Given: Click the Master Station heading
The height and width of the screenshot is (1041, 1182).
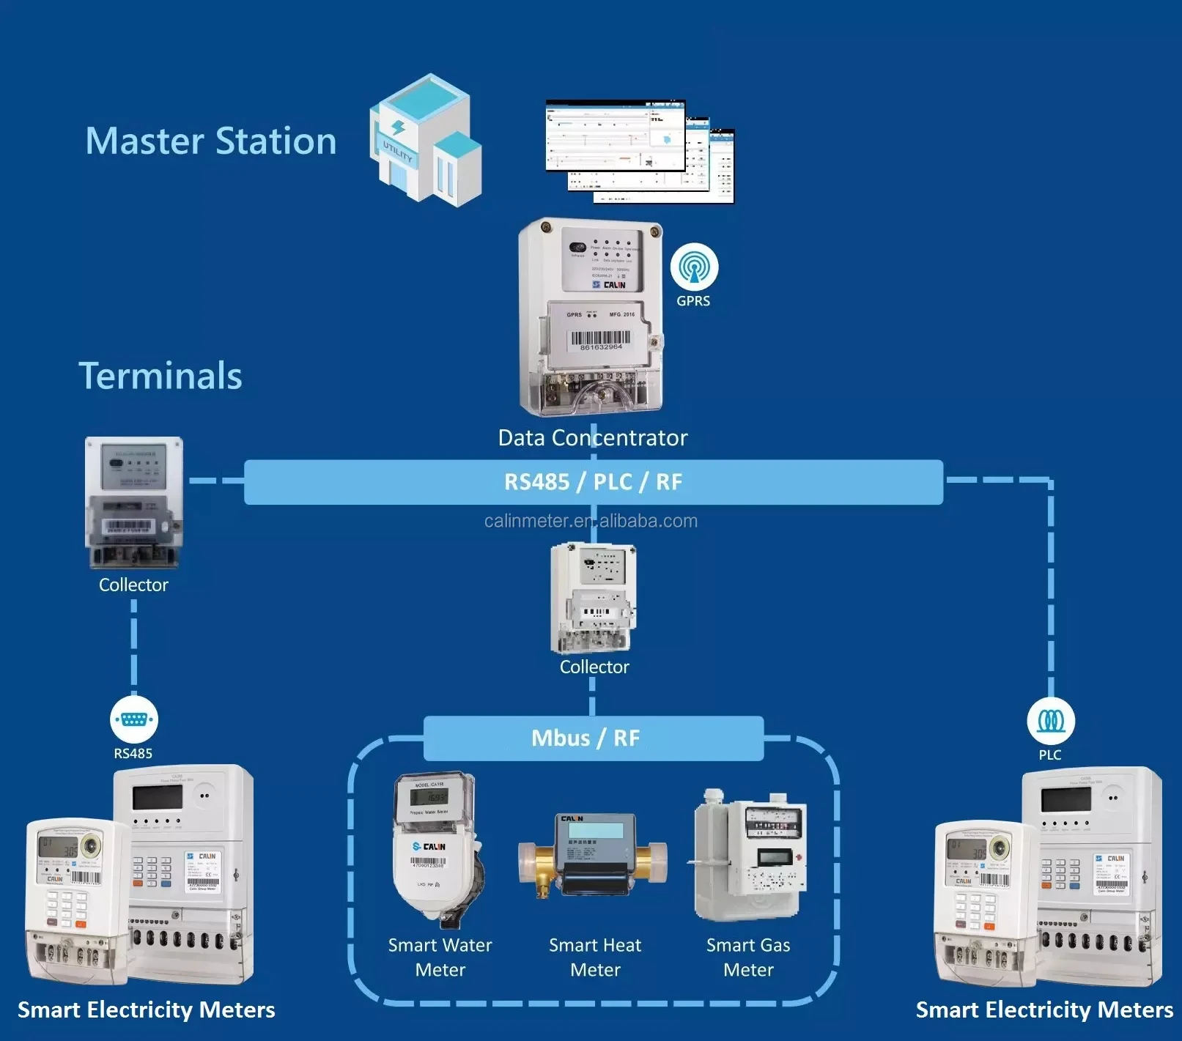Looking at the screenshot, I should [211, 141].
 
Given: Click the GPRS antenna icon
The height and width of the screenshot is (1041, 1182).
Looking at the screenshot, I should [694, 267].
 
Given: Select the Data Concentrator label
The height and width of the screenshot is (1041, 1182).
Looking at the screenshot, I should [592, 438].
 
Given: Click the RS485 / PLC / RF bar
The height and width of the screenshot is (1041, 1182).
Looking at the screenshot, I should [593, 482].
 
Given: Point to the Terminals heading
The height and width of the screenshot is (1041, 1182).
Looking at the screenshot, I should [160, 376].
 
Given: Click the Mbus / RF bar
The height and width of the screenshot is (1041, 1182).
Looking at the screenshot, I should [593, 738].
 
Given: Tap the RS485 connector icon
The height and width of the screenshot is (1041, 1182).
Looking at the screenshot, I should [133, 719].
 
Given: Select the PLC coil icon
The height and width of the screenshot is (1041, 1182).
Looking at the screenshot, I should [1051, 721].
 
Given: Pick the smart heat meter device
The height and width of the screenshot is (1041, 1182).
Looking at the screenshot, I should [592, 856].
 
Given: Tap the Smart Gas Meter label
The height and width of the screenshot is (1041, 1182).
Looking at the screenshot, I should [748, 957].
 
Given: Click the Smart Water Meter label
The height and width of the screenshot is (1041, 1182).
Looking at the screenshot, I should [440, 957].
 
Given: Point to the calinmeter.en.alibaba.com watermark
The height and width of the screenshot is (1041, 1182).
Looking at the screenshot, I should [591, 521].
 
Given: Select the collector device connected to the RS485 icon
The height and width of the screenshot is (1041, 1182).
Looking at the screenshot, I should [133, 503].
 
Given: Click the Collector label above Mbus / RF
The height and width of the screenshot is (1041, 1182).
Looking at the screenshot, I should [594, 667].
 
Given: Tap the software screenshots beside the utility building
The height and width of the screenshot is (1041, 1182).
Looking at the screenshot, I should [640, 152].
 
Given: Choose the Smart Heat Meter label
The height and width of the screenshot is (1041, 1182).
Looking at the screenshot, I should [595, 957].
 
